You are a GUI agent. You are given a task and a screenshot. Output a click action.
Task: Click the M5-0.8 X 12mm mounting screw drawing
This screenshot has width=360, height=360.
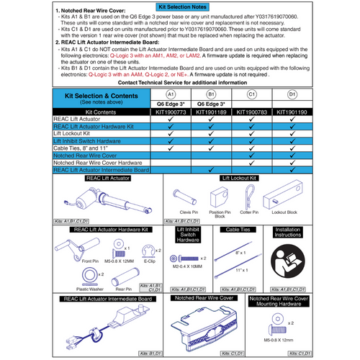[x=269, y=324]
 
